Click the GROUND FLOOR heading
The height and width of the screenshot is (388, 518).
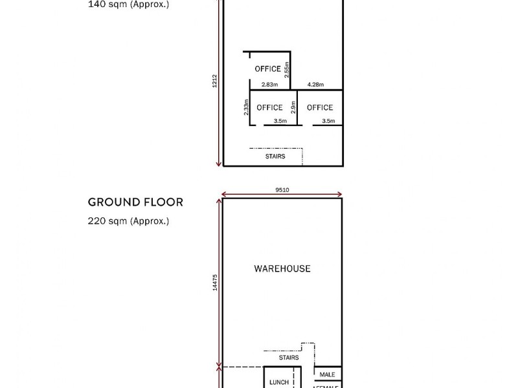point(135,202)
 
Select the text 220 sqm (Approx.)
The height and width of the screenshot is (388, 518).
point(128,221)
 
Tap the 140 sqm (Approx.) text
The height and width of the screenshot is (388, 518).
point(128,3)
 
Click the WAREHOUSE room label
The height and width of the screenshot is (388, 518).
point(282,268)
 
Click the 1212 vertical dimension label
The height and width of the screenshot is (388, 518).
point(215,81)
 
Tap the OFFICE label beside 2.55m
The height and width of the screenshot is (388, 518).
point(267,69)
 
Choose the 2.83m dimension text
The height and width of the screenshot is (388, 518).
point(269,85)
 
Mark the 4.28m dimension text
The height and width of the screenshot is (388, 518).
point(315,85)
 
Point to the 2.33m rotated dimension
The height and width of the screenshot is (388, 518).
point(247,107)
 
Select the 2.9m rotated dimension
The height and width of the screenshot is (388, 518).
point(293,107)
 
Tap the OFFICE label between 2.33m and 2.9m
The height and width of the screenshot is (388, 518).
point(269,107)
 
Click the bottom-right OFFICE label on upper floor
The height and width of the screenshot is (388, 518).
point(320,107)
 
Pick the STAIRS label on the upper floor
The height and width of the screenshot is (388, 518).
point(275,156)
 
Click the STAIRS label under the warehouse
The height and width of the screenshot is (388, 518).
point(288,357)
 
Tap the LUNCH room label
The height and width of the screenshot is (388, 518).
point(279,382)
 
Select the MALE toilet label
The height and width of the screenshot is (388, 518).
point(327,374)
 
